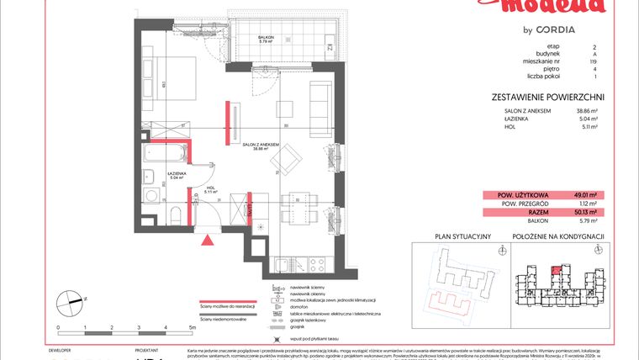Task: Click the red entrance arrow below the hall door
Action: pos(208,240)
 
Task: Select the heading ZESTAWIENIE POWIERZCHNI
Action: pos(547,98)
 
